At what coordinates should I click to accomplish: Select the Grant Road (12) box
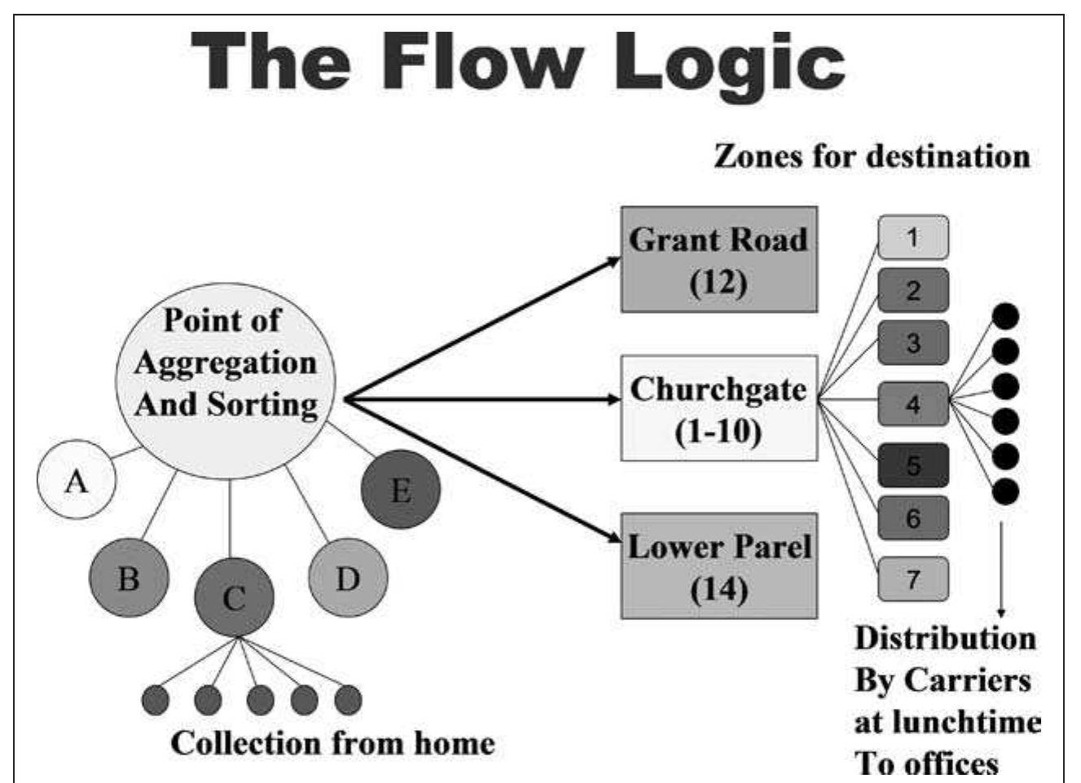(718, 259)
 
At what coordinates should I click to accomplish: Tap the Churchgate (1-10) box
(718, 408)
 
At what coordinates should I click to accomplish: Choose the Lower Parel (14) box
(718, 565)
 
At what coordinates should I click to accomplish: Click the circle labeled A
(77, 480)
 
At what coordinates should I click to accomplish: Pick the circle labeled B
(129, 578)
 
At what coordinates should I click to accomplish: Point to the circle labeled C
(234, 597)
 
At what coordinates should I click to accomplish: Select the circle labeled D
(348, 578)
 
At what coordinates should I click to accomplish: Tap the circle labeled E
(401, 490)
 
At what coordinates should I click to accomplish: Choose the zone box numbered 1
(912, 237)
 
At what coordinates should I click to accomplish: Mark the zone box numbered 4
(912, 403)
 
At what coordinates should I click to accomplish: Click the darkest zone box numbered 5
(912, 465)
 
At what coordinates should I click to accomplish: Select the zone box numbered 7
(912, 578)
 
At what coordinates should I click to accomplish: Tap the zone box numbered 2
(912, 290)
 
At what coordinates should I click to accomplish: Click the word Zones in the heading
(758, 156)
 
